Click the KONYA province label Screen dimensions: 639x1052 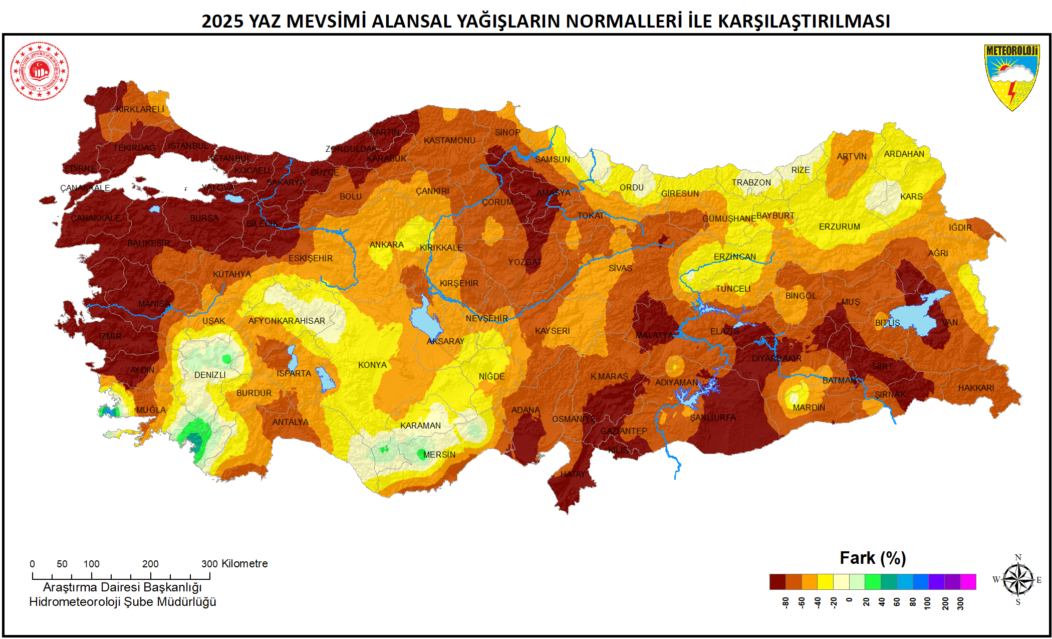(x=372, y=365)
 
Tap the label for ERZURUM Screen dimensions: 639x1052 (x=840, y=227)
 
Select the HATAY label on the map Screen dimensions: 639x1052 (x=573, y=474)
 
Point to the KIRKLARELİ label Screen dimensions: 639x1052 (x=140, y=109)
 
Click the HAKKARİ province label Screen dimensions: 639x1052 (x=976, y=388)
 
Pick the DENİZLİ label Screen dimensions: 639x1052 (x=210, y=375)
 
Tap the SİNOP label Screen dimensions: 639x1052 (x=507, y=132)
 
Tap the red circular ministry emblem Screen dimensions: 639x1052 (x=40, y=71)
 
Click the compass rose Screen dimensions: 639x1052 (x=1018, y=580)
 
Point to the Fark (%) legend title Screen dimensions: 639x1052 (x=873, y=558)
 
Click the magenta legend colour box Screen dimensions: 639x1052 (x=968, y=582)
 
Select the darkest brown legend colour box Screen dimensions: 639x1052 (x=777, y=582)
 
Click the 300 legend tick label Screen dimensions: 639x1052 (x=960, y=603)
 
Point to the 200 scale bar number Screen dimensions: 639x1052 (x=150, y=564)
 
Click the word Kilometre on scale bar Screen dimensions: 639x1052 (x=244, y=564)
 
